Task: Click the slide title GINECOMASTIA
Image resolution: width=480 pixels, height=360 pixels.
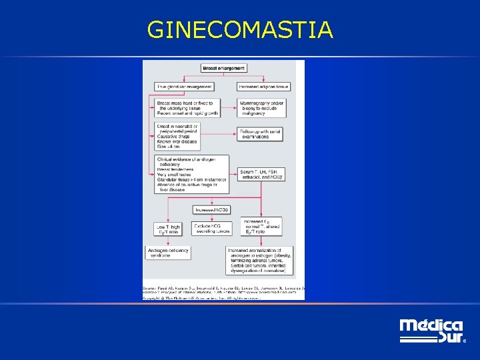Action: (240, 30)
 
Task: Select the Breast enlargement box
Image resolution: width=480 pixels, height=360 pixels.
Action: (224, 68)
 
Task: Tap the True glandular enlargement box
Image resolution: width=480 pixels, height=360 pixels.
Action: (184, 87)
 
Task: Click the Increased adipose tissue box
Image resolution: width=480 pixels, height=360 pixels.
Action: (264, 87)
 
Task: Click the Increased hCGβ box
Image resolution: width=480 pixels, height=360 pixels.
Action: (212, 210)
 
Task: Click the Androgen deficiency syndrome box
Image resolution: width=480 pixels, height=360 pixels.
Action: (166, 253)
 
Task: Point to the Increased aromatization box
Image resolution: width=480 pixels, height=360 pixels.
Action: (257, 261)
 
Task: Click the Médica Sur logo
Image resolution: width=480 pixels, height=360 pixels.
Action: (431, 331)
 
